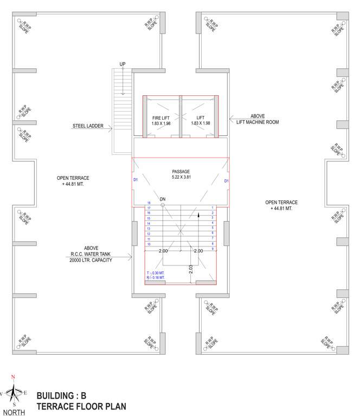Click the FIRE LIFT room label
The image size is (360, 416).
(161, 118)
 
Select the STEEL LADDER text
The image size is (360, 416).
(88, 127)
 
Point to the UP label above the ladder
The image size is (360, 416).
(123, 64)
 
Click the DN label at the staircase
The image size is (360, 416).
(162, 199)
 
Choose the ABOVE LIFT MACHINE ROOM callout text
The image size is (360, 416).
(265, 119)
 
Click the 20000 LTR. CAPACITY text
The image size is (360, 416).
(91, 260)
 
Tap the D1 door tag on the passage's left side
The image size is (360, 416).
(136, 180)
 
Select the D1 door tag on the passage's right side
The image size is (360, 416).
(227, 180)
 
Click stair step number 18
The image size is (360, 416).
(149, 203)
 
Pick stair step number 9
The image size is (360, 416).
(213, 249)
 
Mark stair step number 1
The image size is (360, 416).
(213, 208)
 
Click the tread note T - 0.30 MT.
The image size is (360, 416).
(156, 272)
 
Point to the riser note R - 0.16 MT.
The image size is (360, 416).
(156, 278)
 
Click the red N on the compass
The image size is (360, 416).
(14, 377)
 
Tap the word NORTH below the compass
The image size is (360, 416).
(14, 411)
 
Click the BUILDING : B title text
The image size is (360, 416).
(65, 395)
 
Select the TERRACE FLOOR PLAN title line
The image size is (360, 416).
(81, 406)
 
